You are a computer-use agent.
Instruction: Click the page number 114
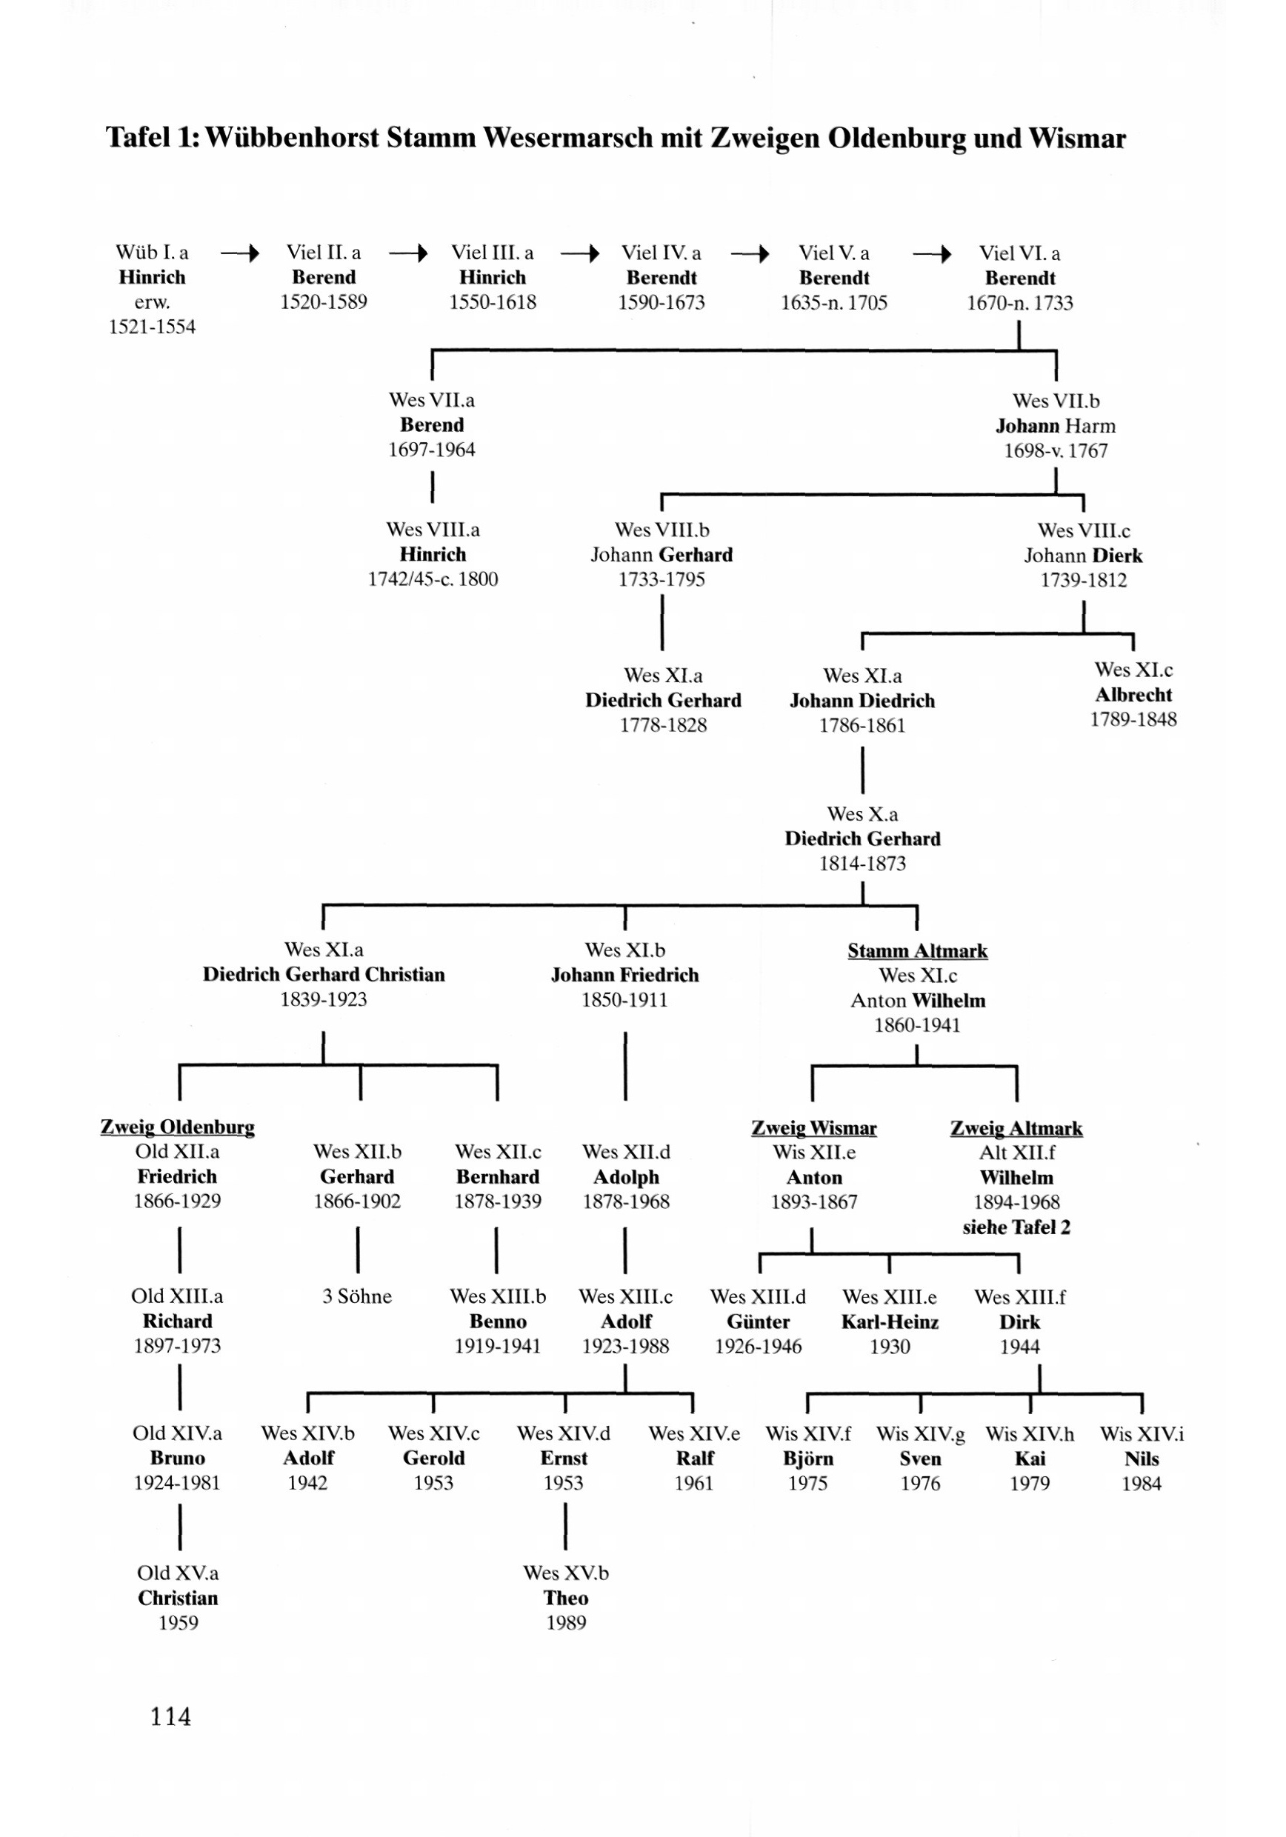[x=170, y=1716]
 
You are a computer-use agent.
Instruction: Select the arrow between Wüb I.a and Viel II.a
[x=240, y=254]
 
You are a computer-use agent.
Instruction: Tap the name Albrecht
[x=1133, y=695]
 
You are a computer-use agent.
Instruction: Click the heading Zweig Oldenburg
[x=178, y=1127]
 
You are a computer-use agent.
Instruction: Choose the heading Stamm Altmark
[x=917, y=950]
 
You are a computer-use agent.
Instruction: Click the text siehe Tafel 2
[x=1016, y=1227]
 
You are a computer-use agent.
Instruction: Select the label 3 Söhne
[x=357, y=1297]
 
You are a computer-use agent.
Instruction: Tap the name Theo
[x=566, y=1598]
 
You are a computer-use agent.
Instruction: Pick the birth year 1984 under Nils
[x=1141, y=1484]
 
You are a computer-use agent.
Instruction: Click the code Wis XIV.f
[x=808, y=1434]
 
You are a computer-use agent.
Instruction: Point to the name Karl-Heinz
[x=889, y=1321]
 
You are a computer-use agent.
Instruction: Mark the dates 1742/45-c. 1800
[x=432, y=579]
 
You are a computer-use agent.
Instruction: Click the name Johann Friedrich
[x=624, y=975]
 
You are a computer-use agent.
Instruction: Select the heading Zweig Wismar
[x=814, y=1128]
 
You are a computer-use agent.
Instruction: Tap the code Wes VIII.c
[x=1084, y=530]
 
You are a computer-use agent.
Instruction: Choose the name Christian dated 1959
[x=178, y=1598]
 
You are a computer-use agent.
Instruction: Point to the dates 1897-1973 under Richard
[x=177, y=1346]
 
